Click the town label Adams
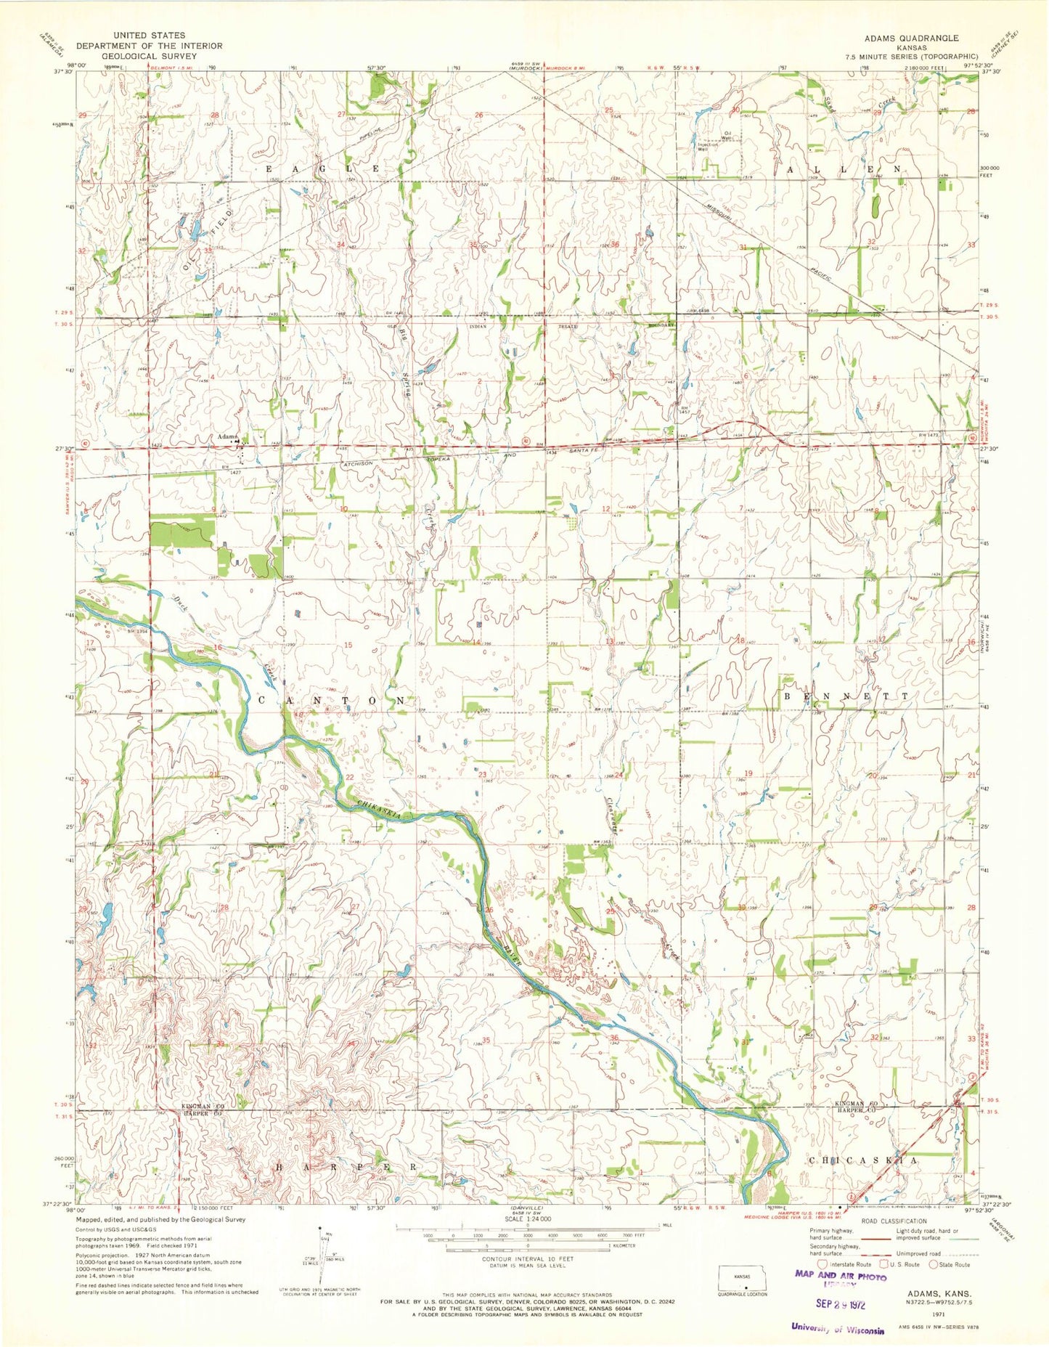pyautogui.click(x=228, y=436)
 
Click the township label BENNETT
pyautogui.click(x=846, y=696)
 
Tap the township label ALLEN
pyautogui.click(x=845, y=168)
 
